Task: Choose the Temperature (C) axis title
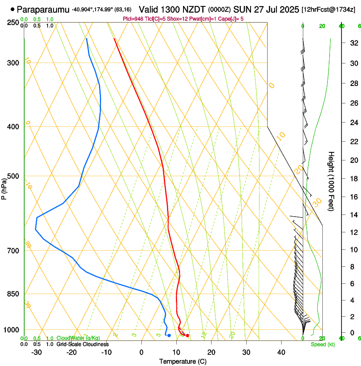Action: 183,361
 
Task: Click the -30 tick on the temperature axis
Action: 37,352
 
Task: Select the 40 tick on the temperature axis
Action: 281,352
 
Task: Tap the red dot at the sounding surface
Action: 187,335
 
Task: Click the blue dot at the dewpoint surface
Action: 169,335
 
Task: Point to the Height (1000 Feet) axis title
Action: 331,181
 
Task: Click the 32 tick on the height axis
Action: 353,43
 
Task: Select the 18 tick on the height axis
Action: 353,179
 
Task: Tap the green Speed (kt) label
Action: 323,344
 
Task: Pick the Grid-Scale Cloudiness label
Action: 83,344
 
